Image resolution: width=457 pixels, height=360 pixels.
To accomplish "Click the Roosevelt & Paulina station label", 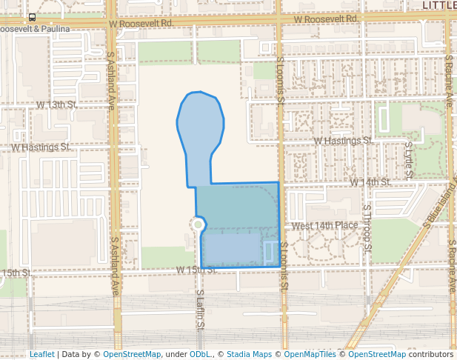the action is tap(34, 29).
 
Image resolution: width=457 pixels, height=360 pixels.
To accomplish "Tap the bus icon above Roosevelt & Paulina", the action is tap(32, 17).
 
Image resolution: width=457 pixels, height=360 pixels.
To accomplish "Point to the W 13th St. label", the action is tap(56, 105).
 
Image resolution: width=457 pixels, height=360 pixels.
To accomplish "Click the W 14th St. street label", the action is tap(370, 181).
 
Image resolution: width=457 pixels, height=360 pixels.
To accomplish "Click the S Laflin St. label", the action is tap(200, 310).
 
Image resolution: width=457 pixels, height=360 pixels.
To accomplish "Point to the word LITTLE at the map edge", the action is tap(438, 4).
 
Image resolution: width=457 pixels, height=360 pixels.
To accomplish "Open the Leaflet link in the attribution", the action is tap(41, 354).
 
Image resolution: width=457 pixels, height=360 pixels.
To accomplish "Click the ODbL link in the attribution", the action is tap(200, 354).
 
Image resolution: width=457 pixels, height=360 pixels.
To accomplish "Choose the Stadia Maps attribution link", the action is tap(248, 354).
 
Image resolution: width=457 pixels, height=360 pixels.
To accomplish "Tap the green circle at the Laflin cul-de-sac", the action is tap(198, 223).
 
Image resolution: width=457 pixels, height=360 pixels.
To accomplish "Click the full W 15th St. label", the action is tap(196, 270).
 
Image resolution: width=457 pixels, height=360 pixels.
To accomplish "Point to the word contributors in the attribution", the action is tap(432, 354).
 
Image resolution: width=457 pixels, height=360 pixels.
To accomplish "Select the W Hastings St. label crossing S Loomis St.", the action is tap(342, 140).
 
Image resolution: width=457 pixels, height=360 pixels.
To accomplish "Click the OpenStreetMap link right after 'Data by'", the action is tap(132, 354).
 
